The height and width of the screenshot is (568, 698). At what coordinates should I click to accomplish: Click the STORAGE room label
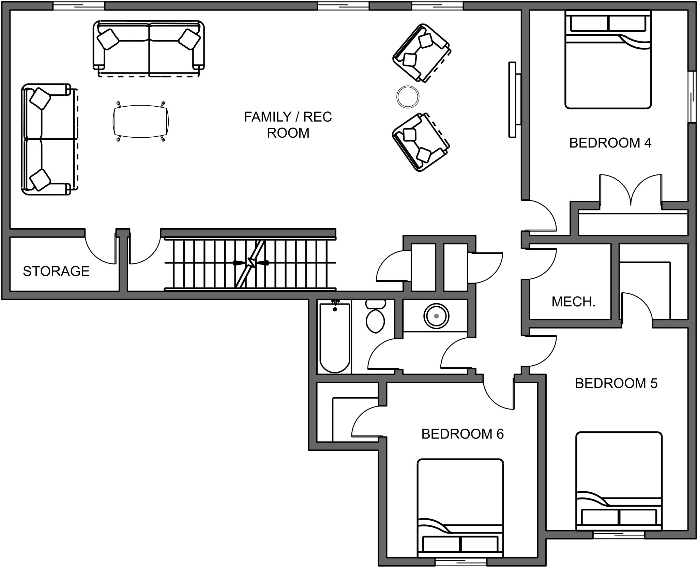coord(56,271)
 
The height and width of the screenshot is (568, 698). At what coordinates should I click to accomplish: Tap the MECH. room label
coord(573,302)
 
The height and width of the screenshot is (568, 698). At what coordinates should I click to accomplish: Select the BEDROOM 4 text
coord(610,143)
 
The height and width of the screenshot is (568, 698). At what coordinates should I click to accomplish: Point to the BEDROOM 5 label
coord(616,383)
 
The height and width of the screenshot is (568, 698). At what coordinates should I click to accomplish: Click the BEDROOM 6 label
coord(462,434)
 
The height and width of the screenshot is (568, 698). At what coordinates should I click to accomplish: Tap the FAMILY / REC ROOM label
coord(288,125)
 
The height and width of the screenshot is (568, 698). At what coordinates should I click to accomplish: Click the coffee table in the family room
coord(141,122)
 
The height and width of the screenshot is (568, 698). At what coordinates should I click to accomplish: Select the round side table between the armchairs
coord(408,97)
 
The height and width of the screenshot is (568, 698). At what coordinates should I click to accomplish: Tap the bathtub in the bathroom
coord(335,337)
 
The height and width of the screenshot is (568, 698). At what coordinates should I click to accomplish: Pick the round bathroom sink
coord(436,316)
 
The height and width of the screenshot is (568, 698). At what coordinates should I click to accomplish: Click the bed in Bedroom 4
coord(608,60)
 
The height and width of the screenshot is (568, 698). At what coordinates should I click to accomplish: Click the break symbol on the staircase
coord(251,263)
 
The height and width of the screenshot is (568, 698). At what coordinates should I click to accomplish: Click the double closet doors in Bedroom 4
coord(631,191)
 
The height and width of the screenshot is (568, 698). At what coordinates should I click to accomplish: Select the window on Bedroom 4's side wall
coord(692,97)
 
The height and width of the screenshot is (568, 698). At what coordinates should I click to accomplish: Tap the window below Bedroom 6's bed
coord(460,562)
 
